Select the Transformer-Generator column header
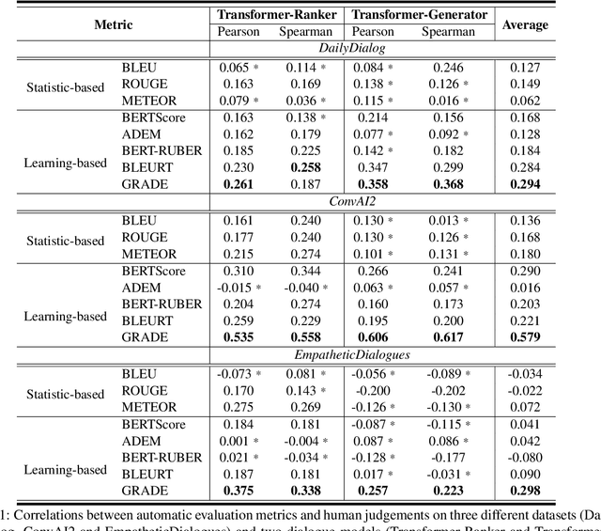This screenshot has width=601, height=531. click(x=417, y=14)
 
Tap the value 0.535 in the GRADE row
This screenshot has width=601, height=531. click(x=234, y=336)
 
